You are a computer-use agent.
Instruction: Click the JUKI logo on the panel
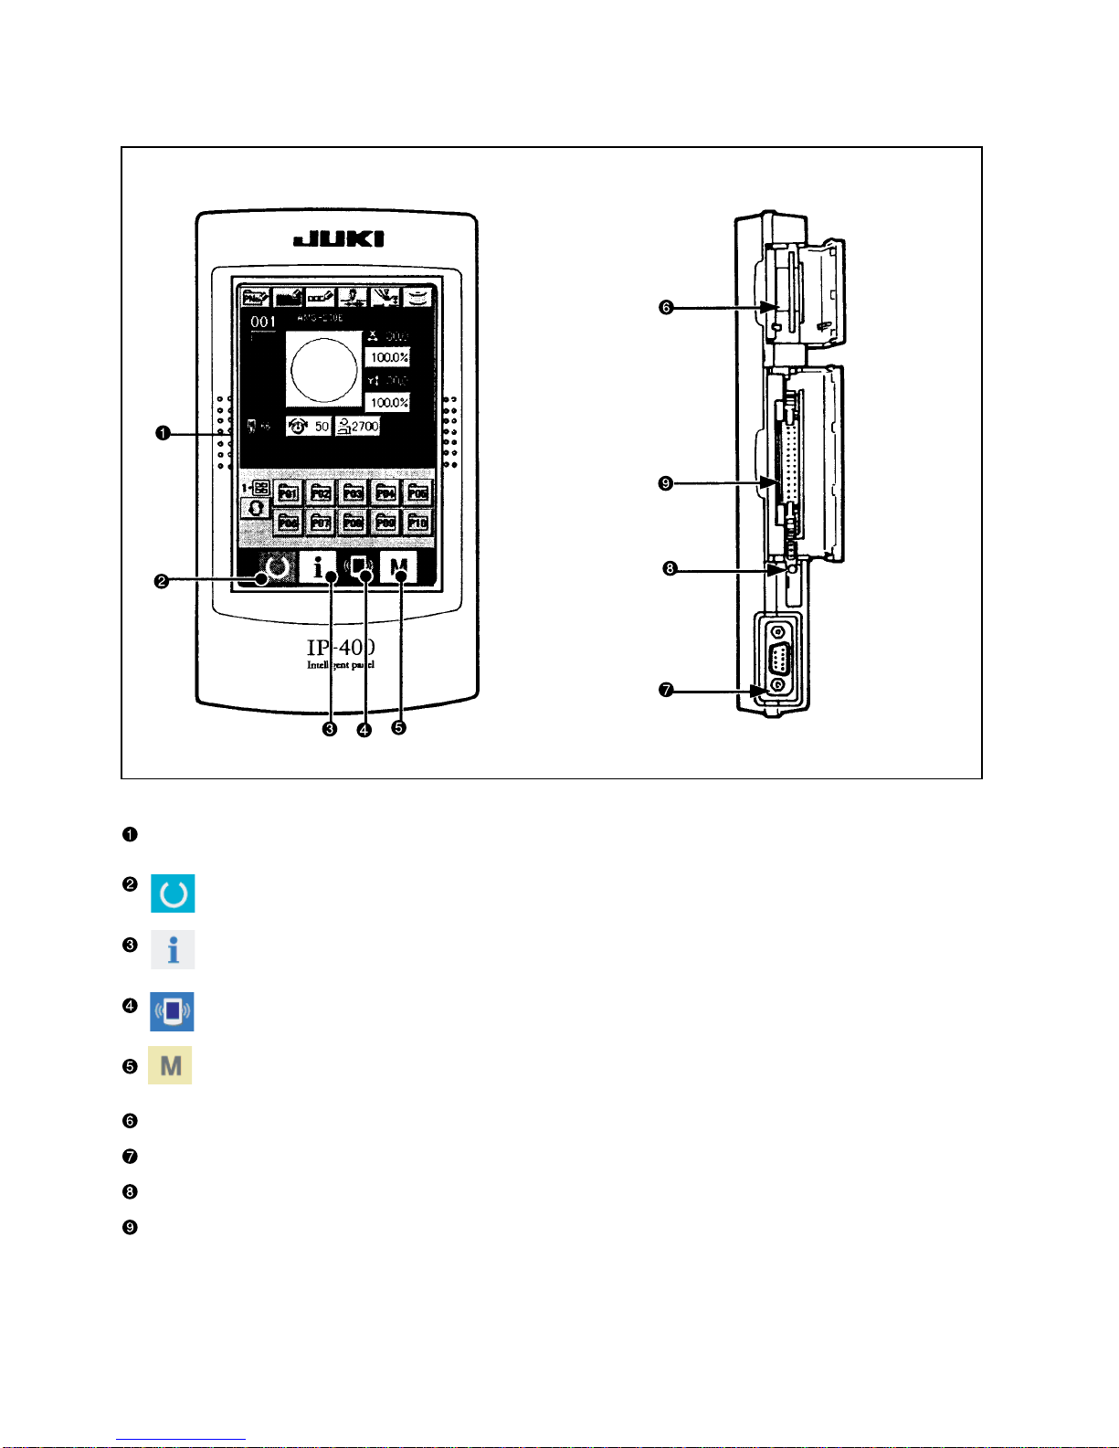(x=338, y=239)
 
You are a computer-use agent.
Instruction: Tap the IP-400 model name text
(x=340, y=647)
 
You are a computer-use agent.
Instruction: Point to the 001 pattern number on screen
(x=263, y=322)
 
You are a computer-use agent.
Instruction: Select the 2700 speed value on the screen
(x=357, y=426)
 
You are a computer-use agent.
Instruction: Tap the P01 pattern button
(x=288, y=493)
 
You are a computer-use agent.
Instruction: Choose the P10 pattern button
(x=417, y=523)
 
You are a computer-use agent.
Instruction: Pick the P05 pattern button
(x=417, y=493)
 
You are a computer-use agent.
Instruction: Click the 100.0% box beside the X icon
(x=388, y=357)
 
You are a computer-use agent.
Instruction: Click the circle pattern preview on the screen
(x=323, y=369)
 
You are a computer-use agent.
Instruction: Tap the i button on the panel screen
(x=318, y=568)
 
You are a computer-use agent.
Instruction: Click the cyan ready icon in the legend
(x=173, y=893)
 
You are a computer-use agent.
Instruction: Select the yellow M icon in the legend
(x=170, y=1065)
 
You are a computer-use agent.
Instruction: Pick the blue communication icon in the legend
(x=172, y=1011)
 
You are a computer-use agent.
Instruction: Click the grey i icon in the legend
(x=173, y=950)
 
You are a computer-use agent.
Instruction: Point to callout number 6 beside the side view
(x=666, y=308)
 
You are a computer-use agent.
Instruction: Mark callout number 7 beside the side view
(x=666, y=691)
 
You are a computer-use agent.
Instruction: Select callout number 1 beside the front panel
(x=162, y=434)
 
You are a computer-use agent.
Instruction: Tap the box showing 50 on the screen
(x=309, y=427)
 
